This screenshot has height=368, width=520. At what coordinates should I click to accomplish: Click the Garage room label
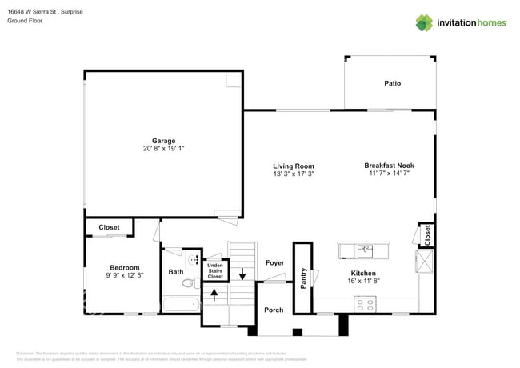point(163,141)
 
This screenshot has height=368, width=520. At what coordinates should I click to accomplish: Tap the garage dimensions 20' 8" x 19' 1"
point(163,149)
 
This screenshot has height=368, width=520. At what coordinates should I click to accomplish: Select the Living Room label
point(293,166)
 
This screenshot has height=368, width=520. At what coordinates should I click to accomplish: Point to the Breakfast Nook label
point(390,166)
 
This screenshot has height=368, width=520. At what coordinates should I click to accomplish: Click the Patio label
point(392,83)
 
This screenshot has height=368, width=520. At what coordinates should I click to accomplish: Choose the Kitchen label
point(363,273)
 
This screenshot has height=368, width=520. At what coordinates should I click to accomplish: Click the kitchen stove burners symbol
point(365,304)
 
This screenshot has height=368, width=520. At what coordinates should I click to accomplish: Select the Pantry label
point(303,278)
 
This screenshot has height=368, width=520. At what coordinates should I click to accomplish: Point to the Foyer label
point(274,262)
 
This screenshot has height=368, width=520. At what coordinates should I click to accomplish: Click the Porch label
point(274,310)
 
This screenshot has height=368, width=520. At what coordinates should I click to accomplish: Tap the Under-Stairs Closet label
point(215,270)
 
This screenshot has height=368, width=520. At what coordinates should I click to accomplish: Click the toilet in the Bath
point(190,282)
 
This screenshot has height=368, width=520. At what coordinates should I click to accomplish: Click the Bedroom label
point(125,268)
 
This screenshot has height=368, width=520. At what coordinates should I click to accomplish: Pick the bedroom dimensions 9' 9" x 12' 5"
point(125,276)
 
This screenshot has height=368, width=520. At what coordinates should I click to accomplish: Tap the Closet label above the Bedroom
point(109,227)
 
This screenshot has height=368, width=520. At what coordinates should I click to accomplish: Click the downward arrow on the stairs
point(242,274)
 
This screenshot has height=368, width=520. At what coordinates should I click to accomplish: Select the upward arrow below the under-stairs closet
point(214,292)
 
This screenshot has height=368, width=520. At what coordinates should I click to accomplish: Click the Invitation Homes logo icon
point(424,23)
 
